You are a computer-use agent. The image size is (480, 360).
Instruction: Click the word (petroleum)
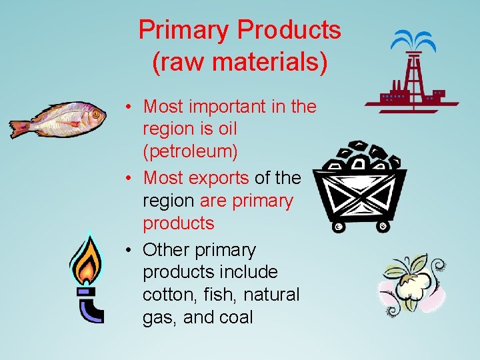190,151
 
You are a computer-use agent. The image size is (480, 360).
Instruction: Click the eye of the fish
95,114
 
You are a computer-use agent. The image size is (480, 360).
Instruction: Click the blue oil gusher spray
413,42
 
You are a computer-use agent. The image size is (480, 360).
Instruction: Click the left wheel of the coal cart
339,227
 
